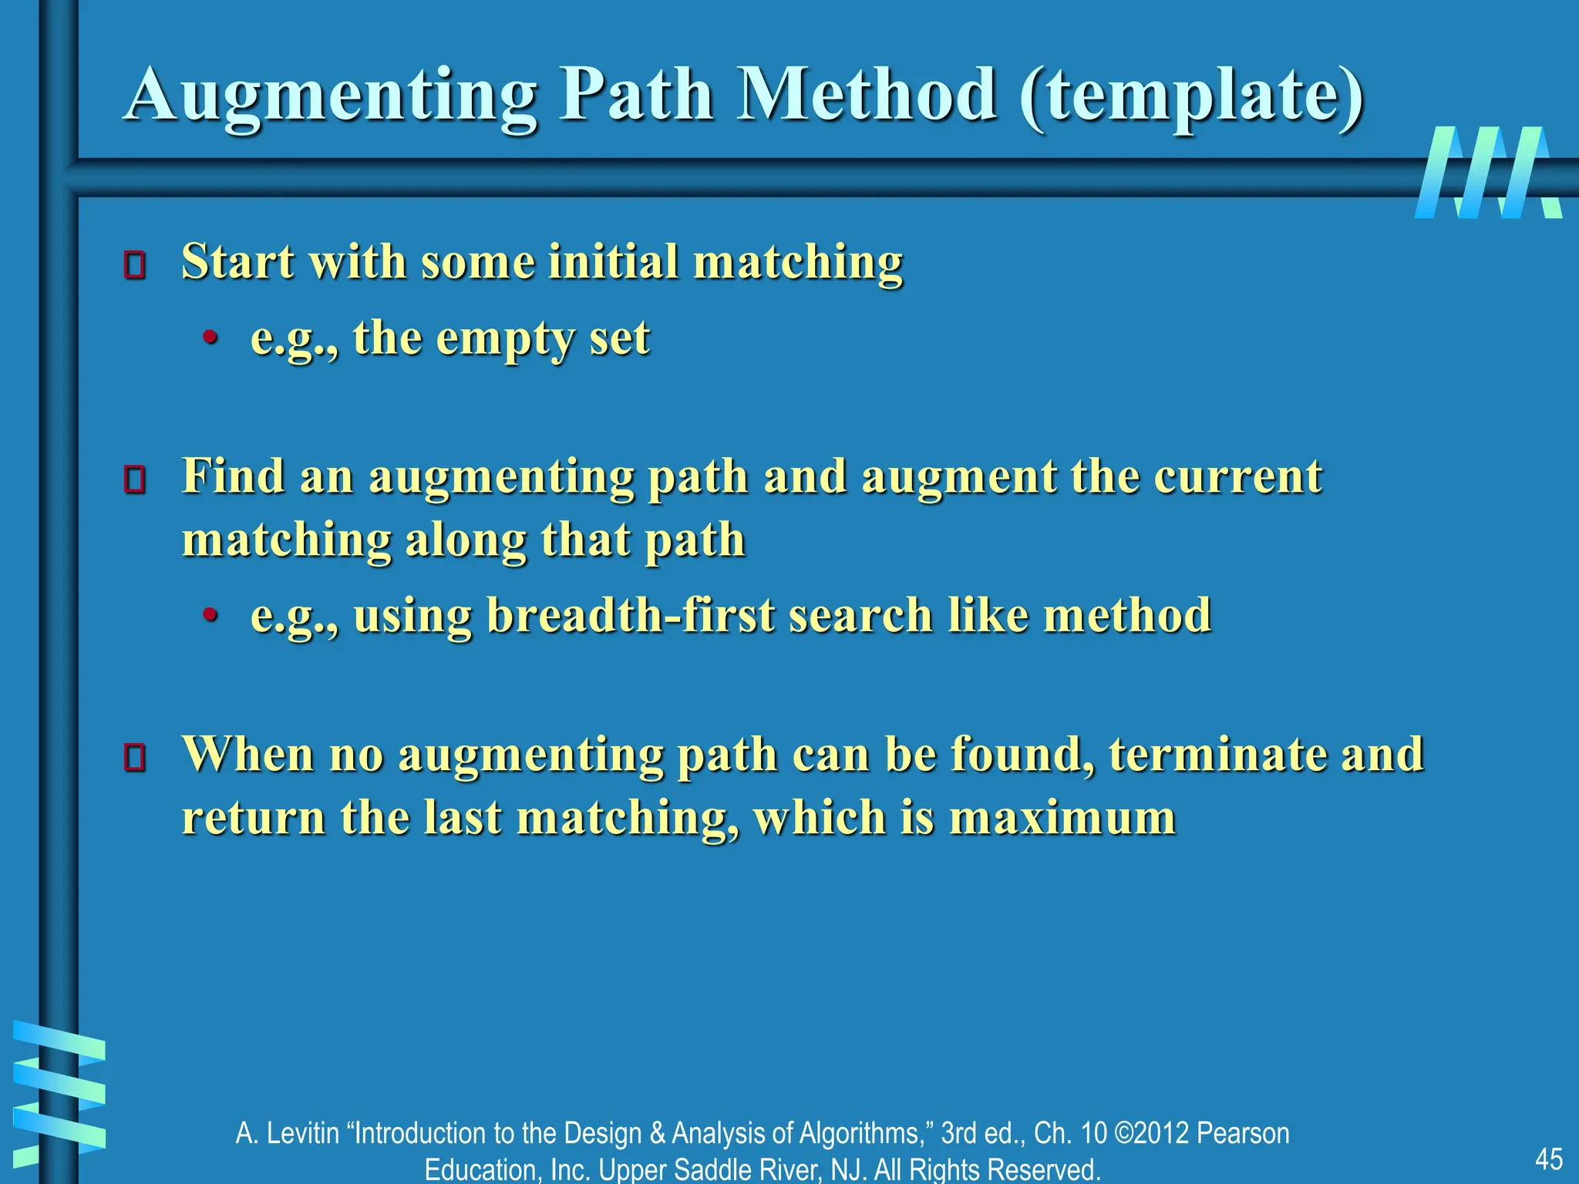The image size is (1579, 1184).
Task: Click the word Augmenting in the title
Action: coord(331,96)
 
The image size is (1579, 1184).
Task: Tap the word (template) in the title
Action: coord(1191,96)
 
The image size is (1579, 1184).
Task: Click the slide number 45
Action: coord(1548,1159)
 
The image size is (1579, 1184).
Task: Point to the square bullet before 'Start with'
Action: coord(135,264)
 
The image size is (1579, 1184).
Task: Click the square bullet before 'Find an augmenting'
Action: coord(135,479)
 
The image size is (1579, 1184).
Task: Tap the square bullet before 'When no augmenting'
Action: coord(135,757)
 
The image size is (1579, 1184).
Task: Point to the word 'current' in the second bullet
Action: coord(1237,476)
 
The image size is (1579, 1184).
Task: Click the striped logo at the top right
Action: coord(1487,173)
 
